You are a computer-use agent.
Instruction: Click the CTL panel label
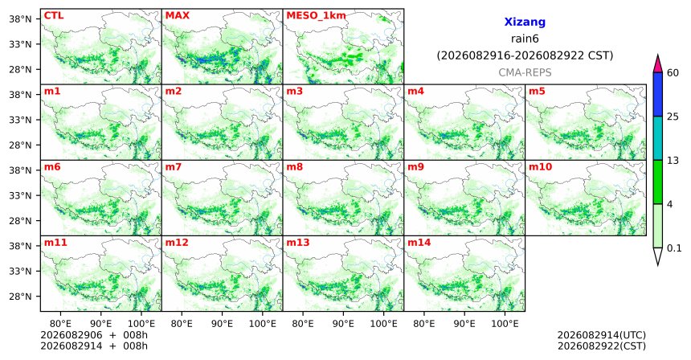click(x=54, y=16)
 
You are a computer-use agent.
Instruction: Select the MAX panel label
click(x=177, y=16)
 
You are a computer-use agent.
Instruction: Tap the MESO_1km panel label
click(x=316, y=16)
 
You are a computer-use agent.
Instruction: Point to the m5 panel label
click(x=537, y=92)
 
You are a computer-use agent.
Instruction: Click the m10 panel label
click(x=540, y=167)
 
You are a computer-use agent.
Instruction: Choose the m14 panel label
click(x=419, y=243)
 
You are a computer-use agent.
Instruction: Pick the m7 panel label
click(x=174, y=167)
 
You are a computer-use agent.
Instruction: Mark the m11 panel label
click(x=55, y=243)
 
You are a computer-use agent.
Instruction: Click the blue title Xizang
click(x=525, y=22)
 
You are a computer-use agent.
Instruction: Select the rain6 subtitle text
click(x=525, y=39)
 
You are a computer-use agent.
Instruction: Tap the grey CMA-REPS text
click(x=525, y=72)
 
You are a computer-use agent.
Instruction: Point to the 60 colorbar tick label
click(x=673, y=73)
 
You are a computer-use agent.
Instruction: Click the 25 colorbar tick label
click(x=673, y=117)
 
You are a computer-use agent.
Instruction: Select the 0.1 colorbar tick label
click(x=674, y=248)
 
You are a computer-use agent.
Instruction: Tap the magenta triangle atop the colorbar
click(x=658, y=65)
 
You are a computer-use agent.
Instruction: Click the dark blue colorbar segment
click(x=658, y=94)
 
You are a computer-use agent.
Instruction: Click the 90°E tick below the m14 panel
click(x=464, y=324)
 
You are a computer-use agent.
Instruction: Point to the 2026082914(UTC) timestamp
click(x=602, y=336)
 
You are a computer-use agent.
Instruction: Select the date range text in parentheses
click(x=525, y=56)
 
